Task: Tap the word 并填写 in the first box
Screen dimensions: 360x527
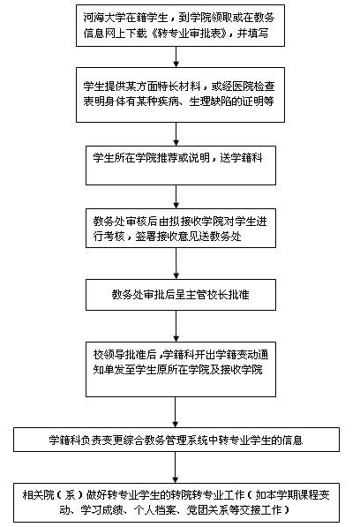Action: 252,34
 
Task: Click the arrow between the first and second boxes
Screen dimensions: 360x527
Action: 176,56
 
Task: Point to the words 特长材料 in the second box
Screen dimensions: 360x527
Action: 180,87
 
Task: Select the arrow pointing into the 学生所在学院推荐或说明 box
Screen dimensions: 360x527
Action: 176,134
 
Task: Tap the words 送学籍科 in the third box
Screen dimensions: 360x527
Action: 241,158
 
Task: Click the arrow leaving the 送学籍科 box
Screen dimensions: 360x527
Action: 176,197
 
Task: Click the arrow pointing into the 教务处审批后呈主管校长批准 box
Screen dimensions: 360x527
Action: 176,263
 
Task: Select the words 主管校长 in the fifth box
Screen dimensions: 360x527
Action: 206,295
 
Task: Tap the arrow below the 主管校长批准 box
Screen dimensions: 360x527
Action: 176,326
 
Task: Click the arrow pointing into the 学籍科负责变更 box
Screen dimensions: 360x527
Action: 175,412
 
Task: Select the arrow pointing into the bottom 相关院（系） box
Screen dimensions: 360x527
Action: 175,468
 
